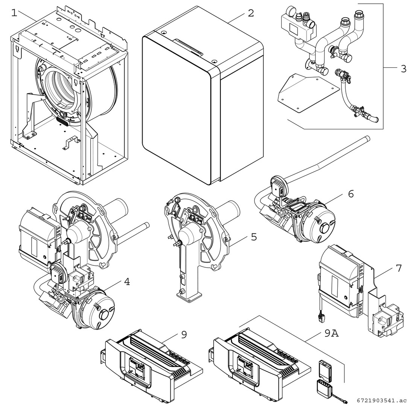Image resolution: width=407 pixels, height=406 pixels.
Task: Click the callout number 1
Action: tap(14, 13)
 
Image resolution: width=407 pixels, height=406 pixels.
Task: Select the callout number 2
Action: tap(251, 13)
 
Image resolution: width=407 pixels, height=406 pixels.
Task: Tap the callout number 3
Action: tap(403, 68)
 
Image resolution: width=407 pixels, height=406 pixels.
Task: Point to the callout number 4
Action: tap(127, 281)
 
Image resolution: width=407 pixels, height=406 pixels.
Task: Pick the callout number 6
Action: tap(351, 194)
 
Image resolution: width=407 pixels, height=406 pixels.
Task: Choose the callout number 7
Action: tap(399, 268)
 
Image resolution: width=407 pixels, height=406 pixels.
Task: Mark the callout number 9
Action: tap(184, 335)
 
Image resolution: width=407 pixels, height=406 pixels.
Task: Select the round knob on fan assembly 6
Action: tap(324, 228)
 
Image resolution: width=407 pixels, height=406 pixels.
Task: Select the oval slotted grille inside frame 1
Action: tap(62, 121)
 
